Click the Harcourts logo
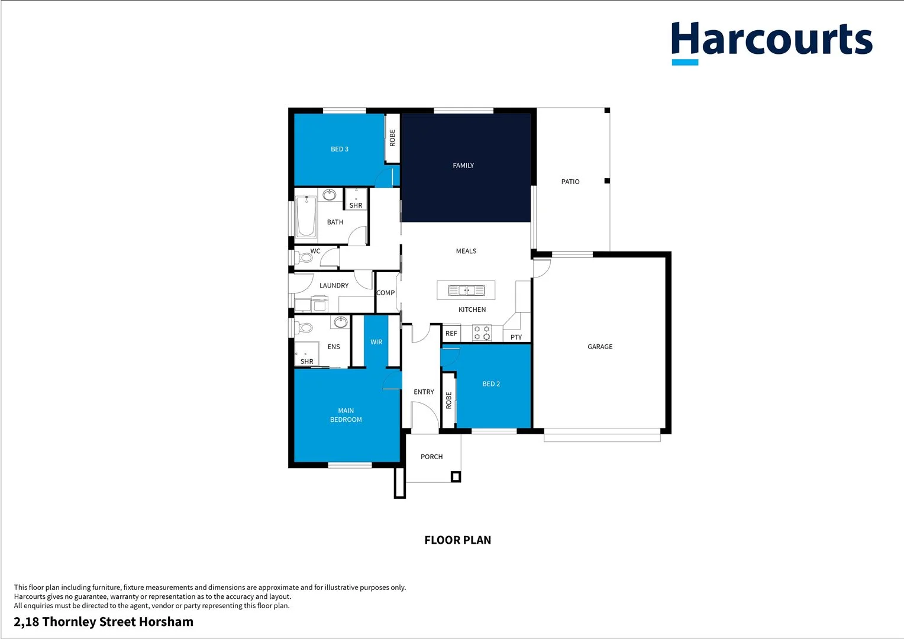point(771,41)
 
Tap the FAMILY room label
point(463,166)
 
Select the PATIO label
point(570,182)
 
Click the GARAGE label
point(600,347)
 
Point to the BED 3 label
point(340,149)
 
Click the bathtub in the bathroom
point(306,216)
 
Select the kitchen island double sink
point(466,291)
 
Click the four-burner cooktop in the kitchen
point(482,333)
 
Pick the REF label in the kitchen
point(451,334)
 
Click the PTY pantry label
point(516,337)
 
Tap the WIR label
point(376,342)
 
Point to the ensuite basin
point(340,322)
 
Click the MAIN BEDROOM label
point(346,415)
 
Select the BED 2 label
point(491,384)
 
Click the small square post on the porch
point(455,476)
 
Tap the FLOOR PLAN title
point(457,540)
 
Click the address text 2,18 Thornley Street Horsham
point(104,622)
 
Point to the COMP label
point(385,293)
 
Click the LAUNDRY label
point(334,286)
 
